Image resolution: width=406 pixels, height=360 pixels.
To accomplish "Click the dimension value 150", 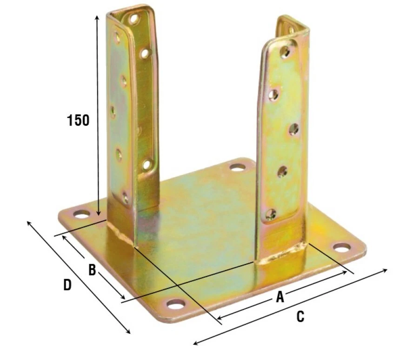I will pyautogui.click(x=78, y=120).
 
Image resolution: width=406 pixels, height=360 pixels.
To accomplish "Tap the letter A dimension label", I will pyautogui.click(x=280, y=297).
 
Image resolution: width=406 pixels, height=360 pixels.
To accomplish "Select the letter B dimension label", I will pyautogui.click(x=92, y=270).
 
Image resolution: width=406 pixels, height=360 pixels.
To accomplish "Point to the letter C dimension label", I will pyautogui.click(x=300, y=317).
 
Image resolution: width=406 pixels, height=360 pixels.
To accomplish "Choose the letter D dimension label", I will pyautogui.click(x=67, y=285).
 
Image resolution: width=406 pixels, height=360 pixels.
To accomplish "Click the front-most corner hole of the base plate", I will pyautogui.click(x=176, y=305).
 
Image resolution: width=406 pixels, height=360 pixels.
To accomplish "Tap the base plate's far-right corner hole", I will pyautogui.click(x=342, y=247).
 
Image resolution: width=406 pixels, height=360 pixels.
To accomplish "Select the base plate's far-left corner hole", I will pyautogui.click(x=81, y=214).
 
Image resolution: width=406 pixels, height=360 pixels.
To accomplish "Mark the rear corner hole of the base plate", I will pyautogui.click(x=238, y=167).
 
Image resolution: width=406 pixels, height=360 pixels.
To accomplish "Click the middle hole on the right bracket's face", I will pyautogui.click(x=294, y=129).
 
